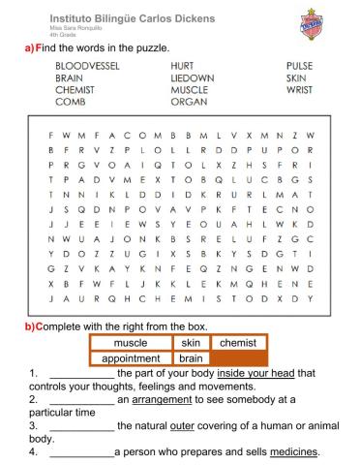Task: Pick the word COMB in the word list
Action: [71, 101]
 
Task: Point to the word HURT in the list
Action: [182, 67]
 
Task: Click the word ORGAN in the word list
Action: [188, 101]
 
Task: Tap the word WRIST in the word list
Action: [299, 89]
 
